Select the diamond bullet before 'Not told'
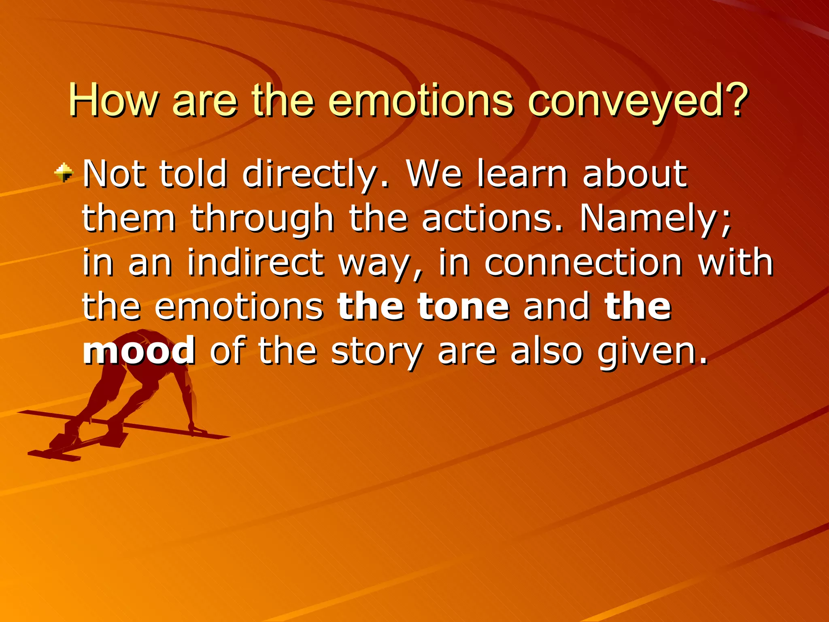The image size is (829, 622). [64, 173]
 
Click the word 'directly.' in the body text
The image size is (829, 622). [316, 175]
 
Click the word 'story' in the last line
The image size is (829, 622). [377, 351]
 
